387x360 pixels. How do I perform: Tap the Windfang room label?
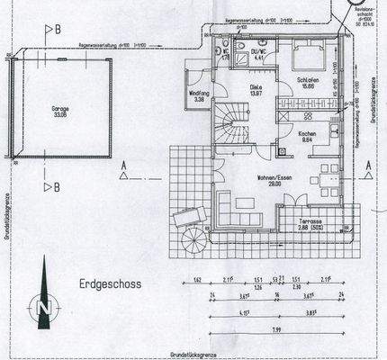click(x=198, y=94)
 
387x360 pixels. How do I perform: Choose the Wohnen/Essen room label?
click(x=273, y=178)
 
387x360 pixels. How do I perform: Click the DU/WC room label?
click(x=257, y=54)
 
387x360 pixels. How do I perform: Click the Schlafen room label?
click(x=306, y=83)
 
